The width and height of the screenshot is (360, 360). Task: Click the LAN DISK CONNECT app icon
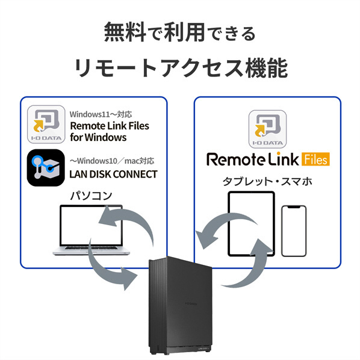46,167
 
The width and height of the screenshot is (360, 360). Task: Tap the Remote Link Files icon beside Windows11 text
46,124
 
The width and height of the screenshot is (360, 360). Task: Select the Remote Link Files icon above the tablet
267,129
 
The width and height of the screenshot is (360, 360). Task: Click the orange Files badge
315,159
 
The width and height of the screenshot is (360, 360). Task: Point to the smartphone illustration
294,231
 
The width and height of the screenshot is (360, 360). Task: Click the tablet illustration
251,223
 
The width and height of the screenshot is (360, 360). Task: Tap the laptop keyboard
91,248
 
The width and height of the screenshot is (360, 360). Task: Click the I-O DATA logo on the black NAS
191,304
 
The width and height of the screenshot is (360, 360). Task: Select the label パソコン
91,196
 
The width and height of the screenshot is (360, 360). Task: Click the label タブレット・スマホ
267,182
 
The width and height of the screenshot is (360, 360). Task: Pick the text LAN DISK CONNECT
113,174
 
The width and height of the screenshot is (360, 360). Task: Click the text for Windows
98,137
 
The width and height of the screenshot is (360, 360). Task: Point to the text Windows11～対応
101,114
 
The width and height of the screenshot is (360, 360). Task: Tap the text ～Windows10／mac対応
112,161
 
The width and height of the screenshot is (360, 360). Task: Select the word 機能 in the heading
267,68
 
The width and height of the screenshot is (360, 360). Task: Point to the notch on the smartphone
294,207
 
